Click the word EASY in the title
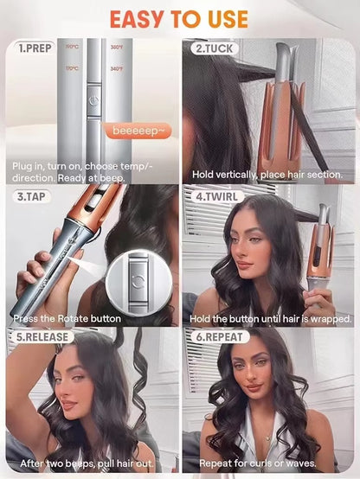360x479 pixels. click(x=134, y=18)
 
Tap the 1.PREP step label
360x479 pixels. click(x=35, y=49)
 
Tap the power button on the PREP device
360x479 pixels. click(x=92, y=100)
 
